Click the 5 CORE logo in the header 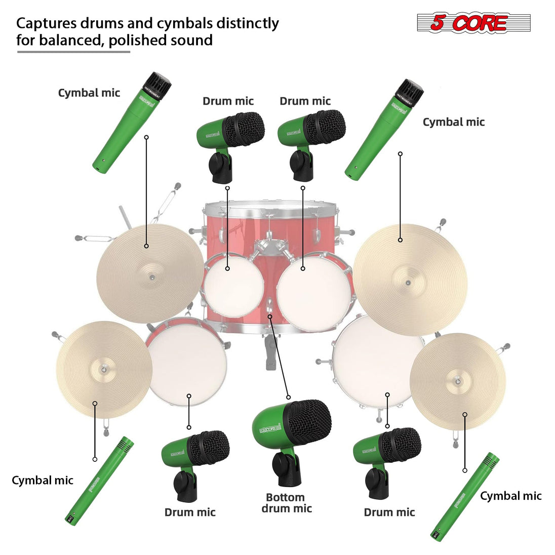473,23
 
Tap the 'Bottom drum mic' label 287,503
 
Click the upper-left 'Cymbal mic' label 89,93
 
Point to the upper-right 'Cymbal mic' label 453,122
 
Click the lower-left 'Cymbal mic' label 43,480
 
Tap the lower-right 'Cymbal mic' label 510,496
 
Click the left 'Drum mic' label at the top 228,101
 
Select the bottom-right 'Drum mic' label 389,512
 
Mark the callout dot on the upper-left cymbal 146,246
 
